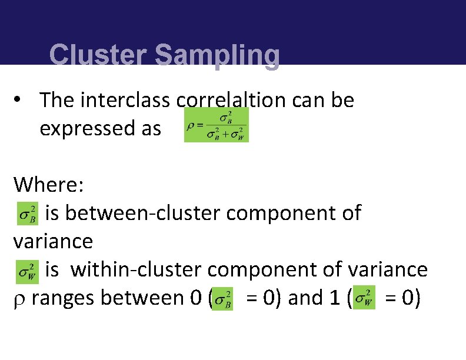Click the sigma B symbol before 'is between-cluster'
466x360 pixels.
coord(28,214)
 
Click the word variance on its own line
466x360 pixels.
coord(53,241)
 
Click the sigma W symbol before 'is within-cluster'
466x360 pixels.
coord(28,271)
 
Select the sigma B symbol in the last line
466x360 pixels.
coord(223,298)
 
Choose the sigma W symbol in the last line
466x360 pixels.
coord(364,298)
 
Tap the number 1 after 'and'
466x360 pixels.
coord(338,298)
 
